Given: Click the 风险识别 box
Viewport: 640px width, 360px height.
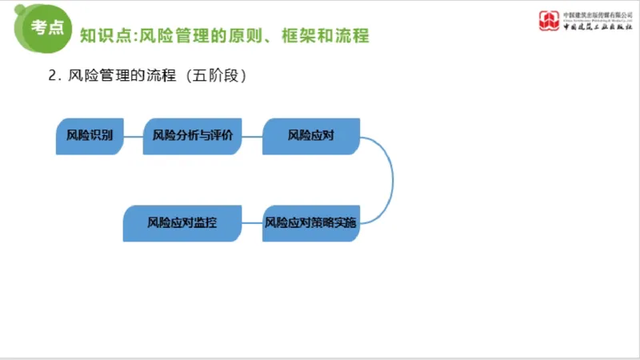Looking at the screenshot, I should (x=90, y=136).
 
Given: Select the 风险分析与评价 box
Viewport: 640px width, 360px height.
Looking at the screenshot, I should (x=192, y=136).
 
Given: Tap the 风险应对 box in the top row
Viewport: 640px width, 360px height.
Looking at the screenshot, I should (x=311, y=136).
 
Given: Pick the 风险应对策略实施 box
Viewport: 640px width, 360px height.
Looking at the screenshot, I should (x=311, y=223).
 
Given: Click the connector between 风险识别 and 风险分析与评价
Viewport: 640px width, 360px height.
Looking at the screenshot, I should (x=133, y=136).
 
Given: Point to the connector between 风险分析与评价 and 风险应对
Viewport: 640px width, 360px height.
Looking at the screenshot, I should (x=252, y=136).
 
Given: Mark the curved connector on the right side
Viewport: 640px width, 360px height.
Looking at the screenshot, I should (x=391, y=179).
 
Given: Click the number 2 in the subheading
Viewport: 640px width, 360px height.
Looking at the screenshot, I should (x=53, y=77).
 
